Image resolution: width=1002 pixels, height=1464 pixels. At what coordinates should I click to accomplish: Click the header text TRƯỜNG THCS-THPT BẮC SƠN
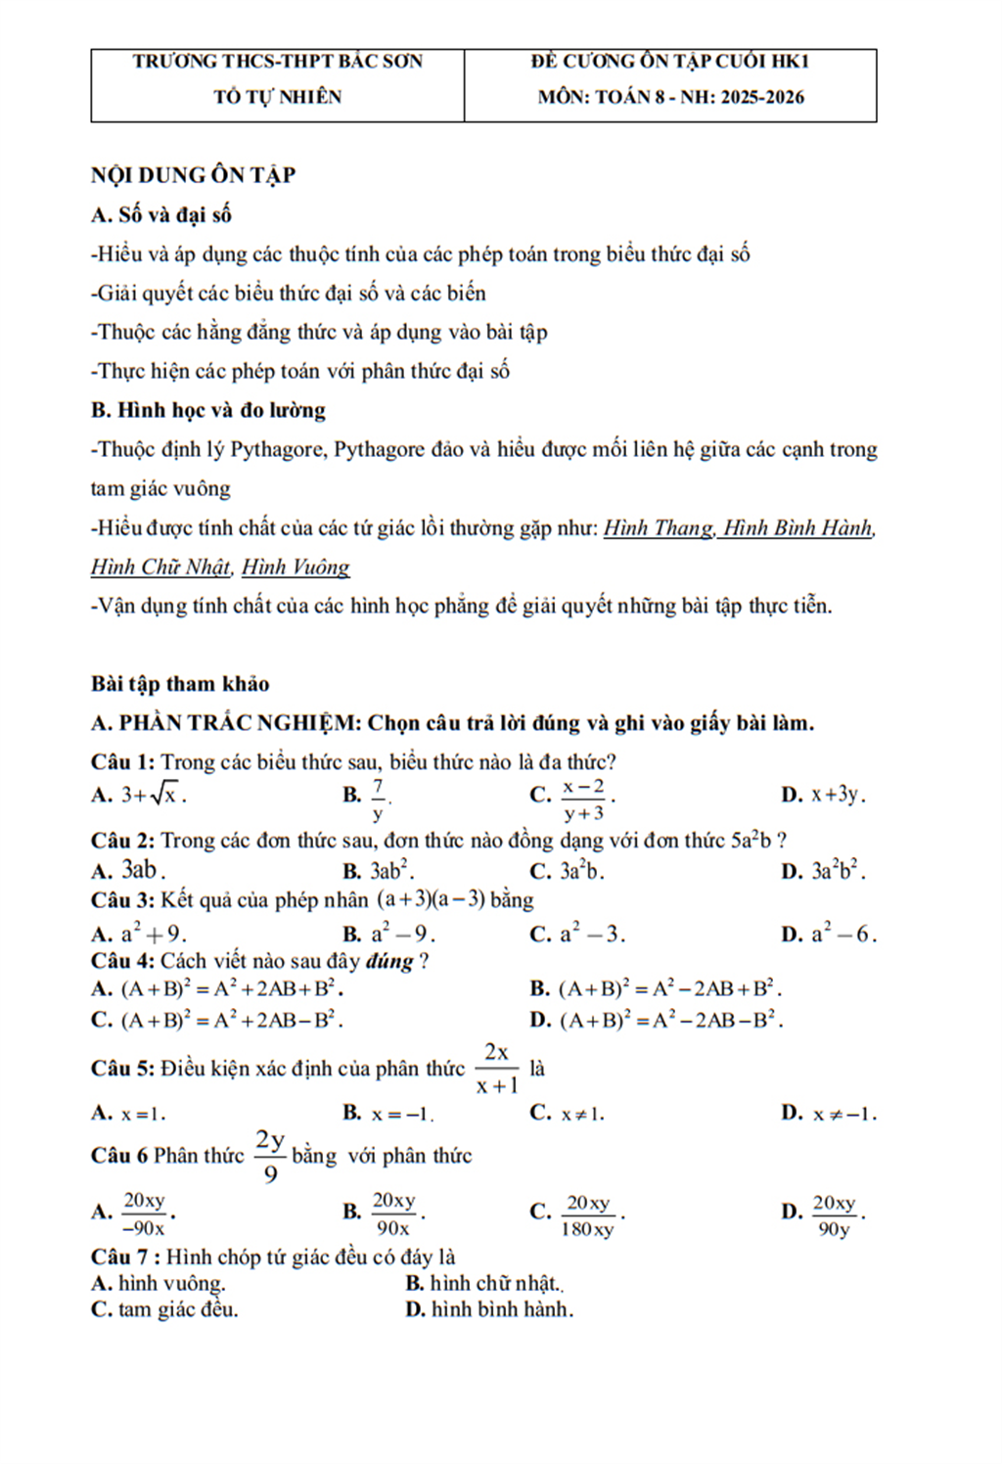click(x=278, y=61)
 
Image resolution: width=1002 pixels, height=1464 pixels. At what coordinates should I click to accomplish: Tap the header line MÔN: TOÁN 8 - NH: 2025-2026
click(x=670, y=97)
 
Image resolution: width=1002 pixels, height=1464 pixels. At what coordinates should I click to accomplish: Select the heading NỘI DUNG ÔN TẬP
click(x=193, y=175)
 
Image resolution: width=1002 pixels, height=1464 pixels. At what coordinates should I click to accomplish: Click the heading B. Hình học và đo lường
click(x=207, y=410)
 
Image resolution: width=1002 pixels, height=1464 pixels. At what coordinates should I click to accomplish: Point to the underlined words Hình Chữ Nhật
click(x=161, y=567)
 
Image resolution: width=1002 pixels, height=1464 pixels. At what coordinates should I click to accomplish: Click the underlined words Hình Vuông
click(x=296, y=567)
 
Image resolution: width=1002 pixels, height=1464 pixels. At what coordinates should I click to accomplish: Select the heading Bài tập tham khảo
click(x=180, y=683)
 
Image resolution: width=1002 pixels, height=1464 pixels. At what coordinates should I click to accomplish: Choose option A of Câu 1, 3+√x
click(x=153, y=795)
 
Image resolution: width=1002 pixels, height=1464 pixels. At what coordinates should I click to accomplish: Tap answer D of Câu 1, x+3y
click(x=838, y=795)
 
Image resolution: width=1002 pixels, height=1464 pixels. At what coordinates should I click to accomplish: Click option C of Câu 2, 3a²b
click(x=581, y=870)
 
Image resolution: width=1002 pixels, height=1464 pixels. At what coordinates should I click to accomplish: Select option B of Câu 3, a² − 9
click(x=402, y=934)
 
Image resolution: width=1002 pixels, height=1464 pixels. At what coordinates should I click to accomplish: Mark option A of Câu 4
click(x=231, y=988)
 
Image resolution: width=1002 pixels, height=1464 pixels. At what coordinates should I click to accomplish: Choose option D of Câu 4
click(x=670, y=1020)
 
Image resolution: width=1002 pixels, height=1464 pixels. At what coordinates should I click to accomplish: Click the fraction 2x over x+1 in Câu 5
click(x=497, y=1068)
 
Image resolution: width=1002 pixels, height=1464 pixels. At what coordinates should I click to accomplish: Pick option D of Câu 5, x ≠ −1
click(x=843, y=1113)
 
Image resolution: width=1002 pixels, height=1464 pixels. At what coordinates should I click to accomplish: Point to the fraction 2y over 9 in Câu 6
click(x=270, y=1155)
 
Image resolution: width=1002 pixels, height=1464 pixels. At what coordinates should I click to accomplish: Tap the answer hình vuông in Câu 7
click(x=172, y=1283)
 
